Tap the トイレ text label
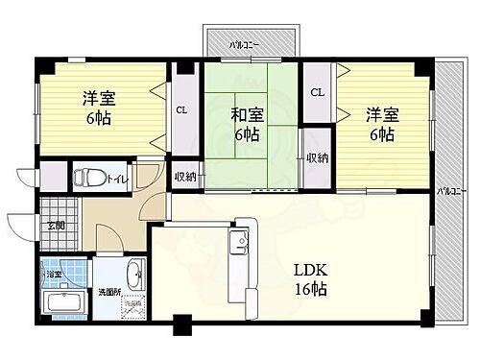[x=118, y=179]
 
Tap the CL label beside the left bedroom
[x=180, y=109]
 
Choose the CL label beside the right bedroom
[x=316, y=92]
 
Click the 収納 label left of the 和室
[x=185, y=177]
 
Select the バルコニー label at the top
[x=247, y=43]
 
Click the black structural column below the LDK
[x=180, y=326]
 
